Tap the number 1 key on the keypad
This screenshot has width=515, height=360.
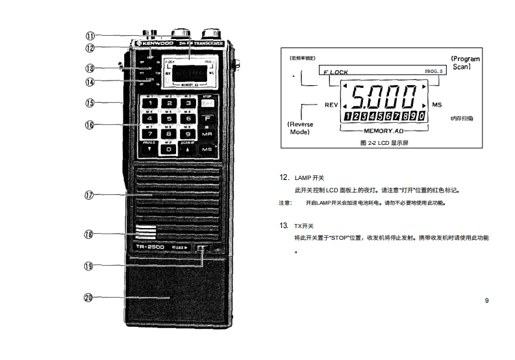pyautogui.click(x=151, y=103)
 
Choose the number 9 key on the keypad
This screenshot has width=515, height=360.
pyautogui.click(x=188, y=133)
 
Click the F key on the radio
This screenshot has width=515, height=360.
pyautogui.click(x=208, y=118)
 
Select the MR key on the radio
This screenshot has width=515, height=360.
pyautogui.click(x=208, y=133)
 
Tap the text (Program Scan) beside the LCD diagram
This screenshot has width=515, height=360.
pyautogui.click(x=466, y=63)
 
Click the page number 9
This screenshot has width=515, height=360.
pyautogui.click(x=486, y=300)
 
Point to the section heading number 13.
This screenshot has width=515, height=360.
pyautogui.click(x=283, y=225)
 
